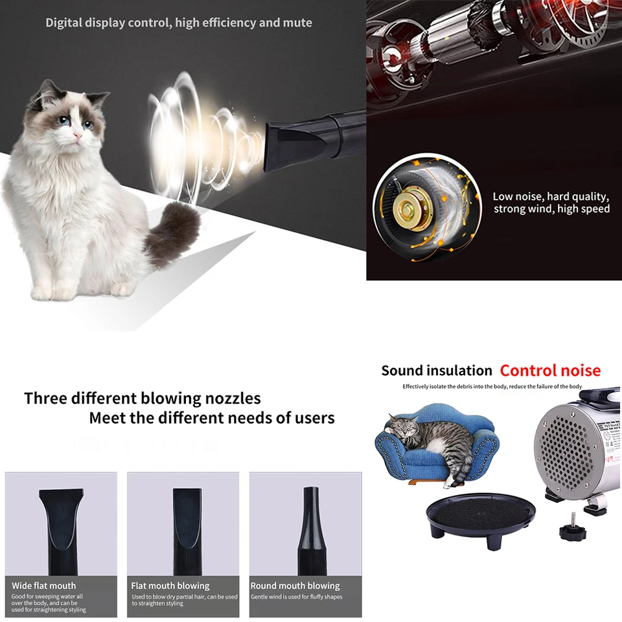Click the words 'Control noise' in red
pyautogui.click(x=550, y=371)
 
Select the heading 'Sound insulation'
pyautogui.click(x=436, y=371)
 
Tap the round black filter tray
pyautogui.click(x=481, y=516)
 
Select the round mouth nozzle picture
pyautogui.click(x=312, y=531)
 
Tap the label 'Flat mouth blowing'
pyautogui.click(x=170, y=586)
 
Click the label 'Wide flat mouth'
pyautogui.click(x=43, y=586)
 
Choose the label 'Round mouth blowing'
pyautogui.click(x=295, y=586)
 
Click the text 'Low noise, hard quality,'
pyautogui.click(x=551, y=197)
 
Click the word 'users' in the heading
pyautogui.click(x=316, y=418)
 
